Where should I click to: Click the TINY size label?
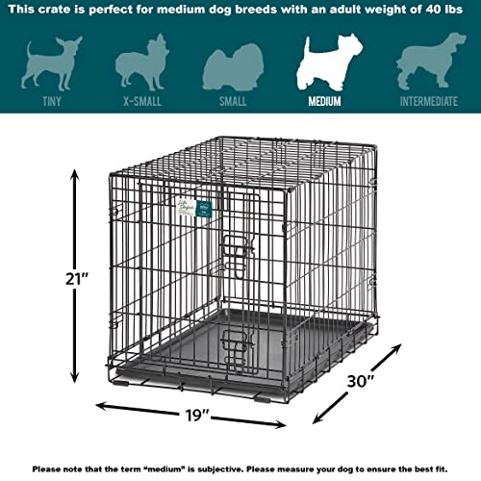[52, 101]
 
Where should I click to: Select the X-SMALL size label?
[142, 101]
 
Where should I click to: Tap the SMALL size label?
[233, 101]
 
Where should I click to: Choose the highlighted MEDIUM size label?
[324, 101]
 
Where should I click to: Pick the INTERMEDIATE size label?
[429, 101]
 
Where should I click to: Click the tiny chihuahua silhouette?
[51, 63]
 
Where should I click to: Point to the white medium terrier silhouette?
[329, 62]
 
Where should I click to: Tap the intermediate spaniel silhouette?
[431, 61]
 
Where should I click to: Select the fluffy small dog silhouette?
[233, 67]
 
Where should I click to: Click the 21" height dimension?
[77, 279]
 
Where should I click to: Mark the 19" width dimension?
[197, 416]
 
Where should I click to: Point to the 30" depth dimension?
[361, 381]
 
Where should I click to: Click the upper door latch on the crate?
[238, 247]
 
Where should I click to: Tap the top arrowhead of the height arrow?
[75, 176]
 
